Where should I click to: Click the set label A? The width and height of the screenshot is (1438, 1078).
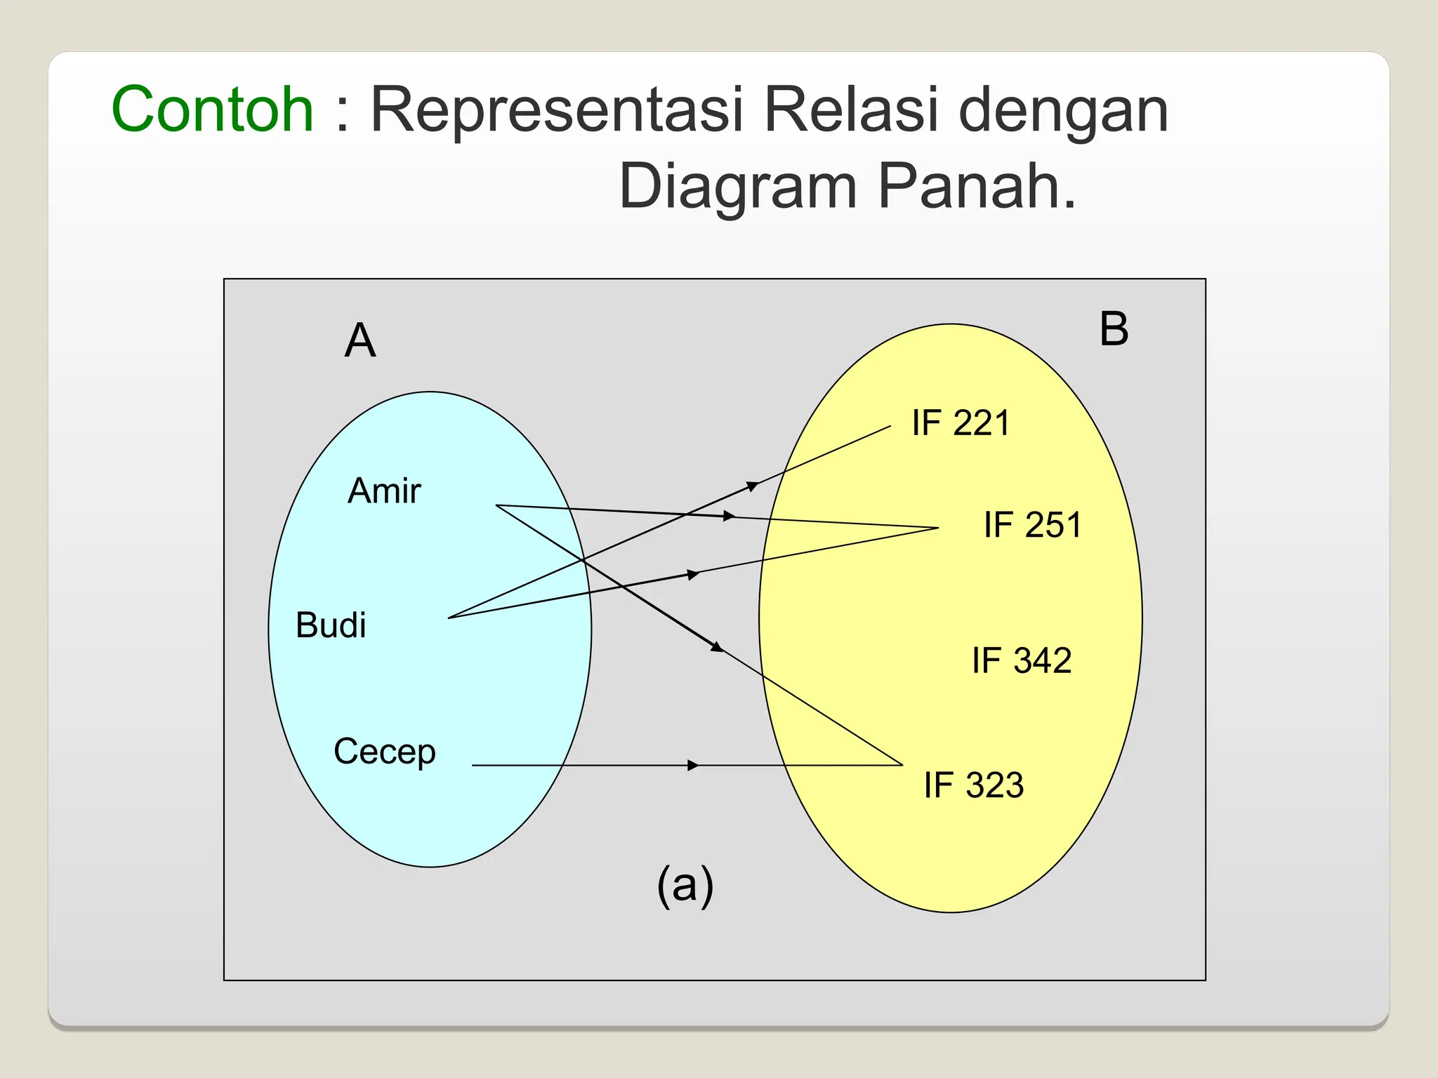click(360, 341)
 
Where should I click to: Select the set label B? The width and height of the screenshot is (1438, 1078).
click(1114, 329)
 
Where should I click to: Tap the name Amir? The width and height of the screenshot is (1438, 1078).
click(384, 491)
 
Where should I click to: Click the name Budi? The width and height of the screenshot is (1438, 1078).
click(331, 625)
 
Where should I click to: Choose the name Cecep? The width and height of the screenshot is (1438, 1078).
click(384, 752)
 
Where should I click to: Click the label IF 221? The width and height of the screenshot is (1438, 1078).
click(961, 423)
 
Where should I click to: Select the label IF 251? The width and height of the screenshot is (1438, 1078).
click(1032, 525)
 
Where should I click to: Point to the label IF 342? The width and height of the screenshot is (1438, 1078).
click(1022, 660)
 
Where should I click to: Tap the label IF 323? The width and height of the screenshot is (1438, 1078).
click(973, 785)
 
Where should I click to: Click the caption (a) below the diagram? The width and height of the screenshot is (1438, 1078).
click(685, 885)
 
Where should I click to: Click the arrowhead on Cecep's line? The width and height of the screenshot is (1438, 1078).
click(694, 765)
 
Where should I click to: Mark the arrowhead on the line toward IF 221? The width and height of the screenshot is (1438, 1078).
click(752, 486)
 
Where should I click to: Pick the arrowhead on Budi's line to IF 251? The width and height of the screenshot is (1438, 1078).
click(694, 575)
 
